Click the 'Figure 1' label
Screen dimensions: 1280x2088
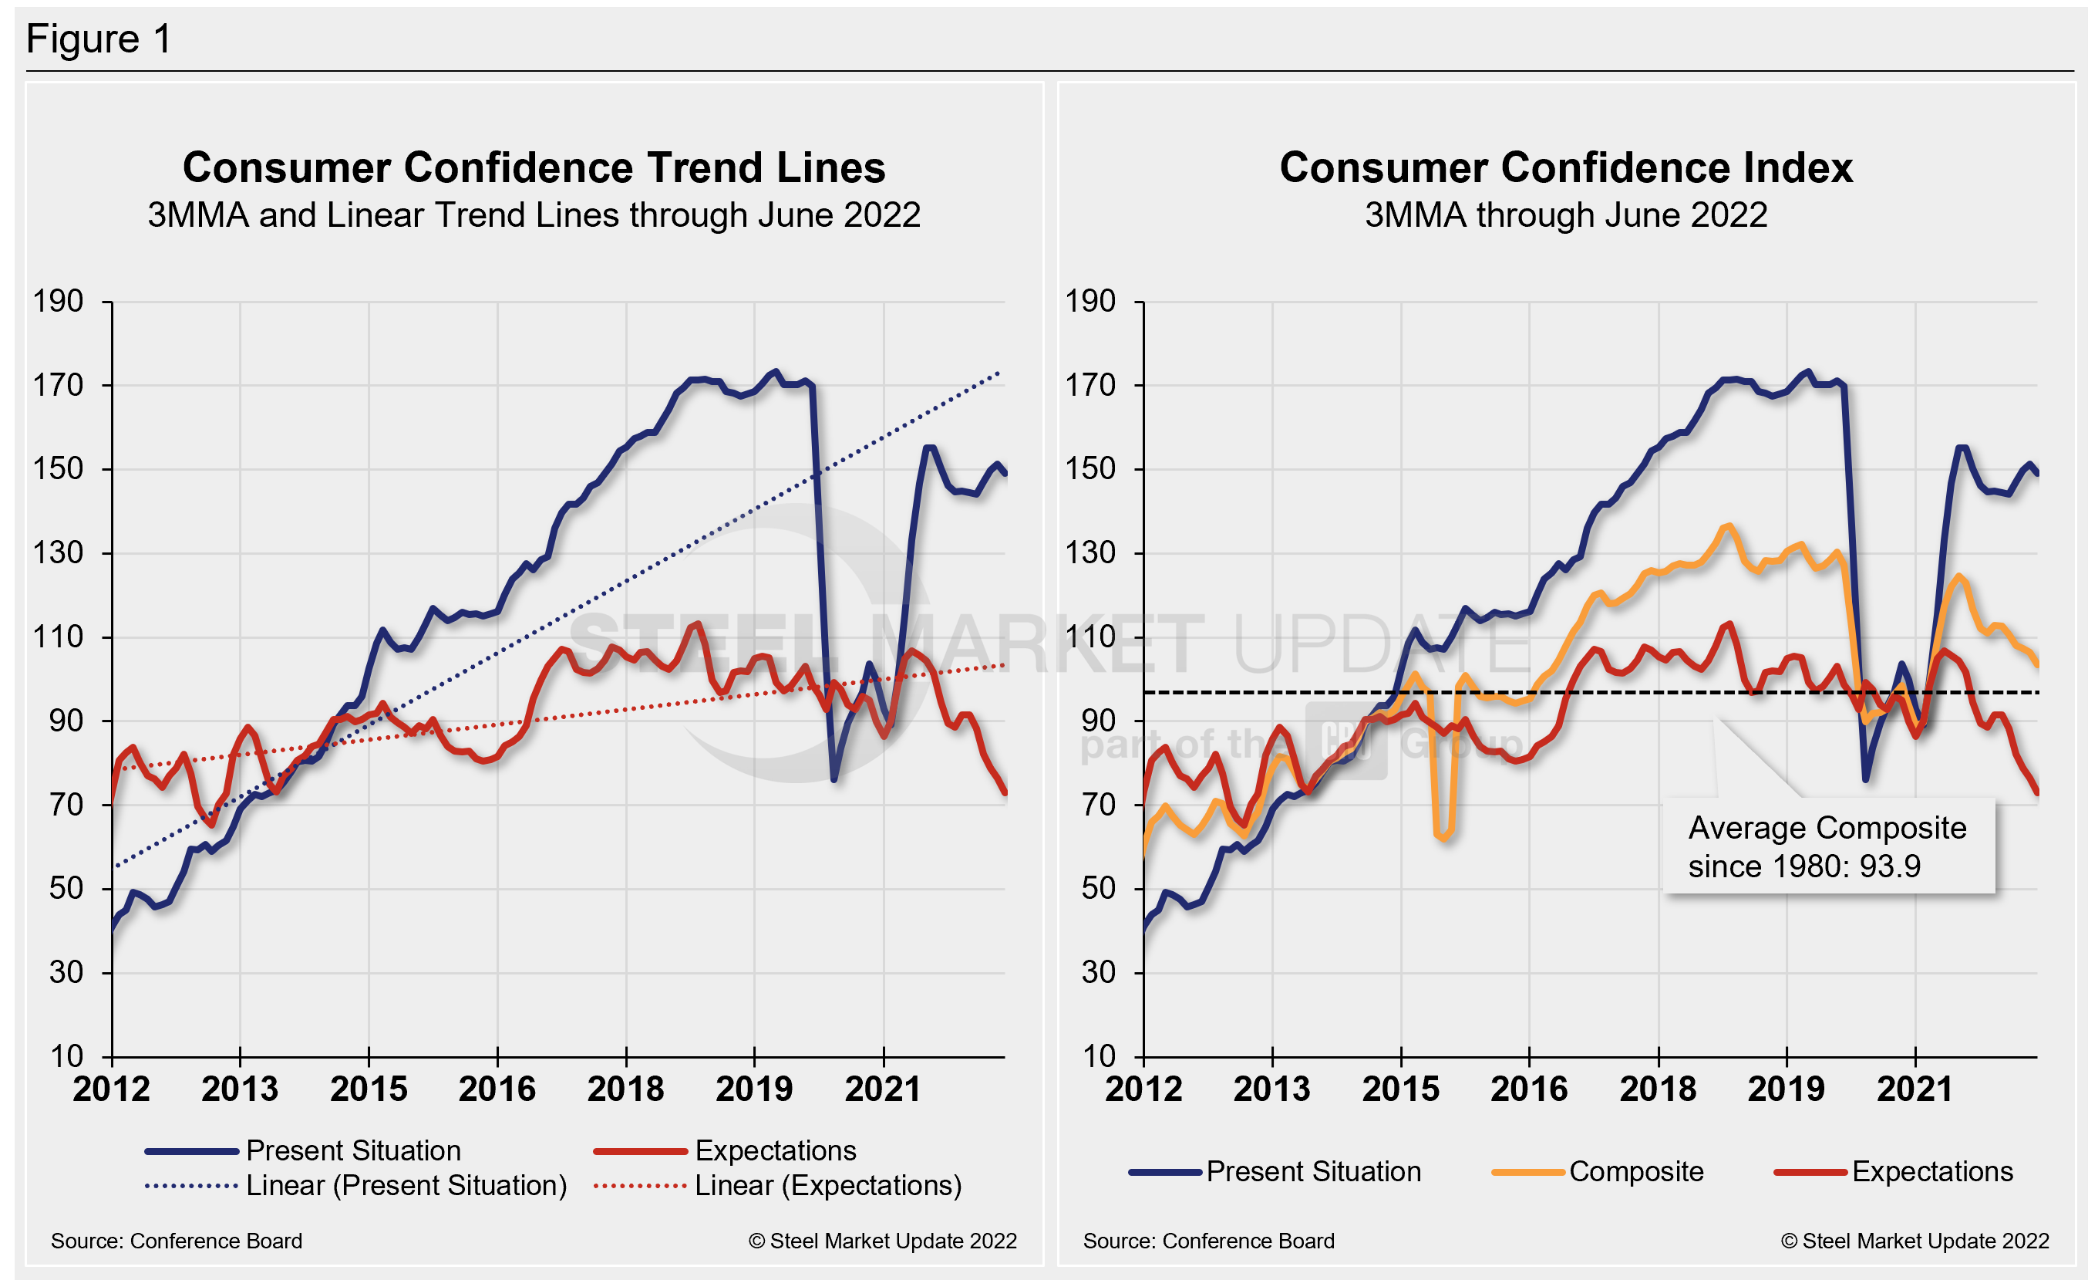point(99,39)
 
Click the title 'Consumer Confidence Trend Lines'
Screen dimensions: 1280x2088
point(534,167)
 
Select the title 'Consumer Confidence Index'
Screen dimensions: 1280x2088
point(1565,167)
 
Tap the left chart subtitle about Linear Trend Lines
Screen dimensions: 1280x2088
point(534,215)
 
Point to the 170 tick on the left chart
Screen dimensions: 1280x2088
point(58,386)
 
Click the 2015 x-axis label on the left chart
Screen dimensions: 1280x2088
point(369,1089)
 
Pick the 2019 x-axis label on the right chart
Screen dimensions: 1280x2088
point(1787,1089)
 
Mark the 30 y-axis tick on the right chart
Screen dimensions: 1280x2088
point(1098,972)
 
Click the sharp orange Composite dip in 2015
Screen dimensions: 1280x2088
point(1443,834)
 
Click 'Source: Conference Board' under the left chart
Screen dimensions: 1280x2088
point(177,1241)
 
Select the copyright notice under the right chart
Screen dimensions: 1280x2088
point(1915,1241)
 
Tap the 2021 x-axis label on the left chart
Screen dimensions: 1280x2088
point(883,1089)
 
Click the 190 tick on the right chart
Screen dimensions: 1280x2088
point(1090,301)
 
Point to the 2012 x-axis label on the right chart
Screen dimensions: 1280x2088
point(1143,1089)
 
